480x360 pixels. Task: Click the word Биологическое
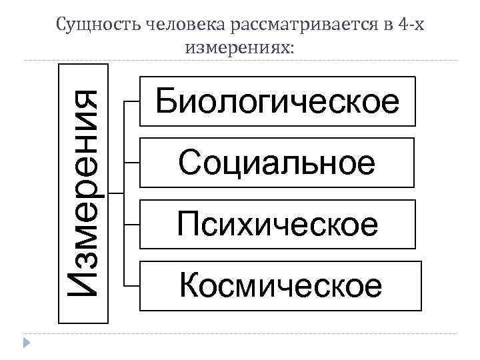click(277, 101)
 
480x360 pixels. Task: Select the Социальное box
click(277, 163)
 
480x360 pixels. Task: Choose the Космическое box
click(281, 286)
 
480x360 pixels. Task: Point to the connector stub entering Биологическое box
click(132, 101)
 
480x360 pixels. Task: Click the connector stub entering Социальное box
click(132, 163)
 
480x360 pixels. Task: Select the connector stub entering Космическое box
click(132, 286)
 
